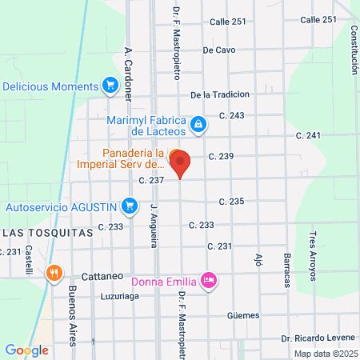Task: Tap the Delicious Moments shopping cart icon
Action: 110,86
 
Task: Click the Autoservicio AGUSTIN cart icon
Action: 129,206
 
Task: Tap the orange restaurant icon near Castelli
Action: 54,272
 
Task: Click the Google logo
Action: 26,350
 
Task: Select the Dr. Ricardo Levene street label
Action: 318,339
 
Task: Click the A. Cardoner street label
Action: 128,73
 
